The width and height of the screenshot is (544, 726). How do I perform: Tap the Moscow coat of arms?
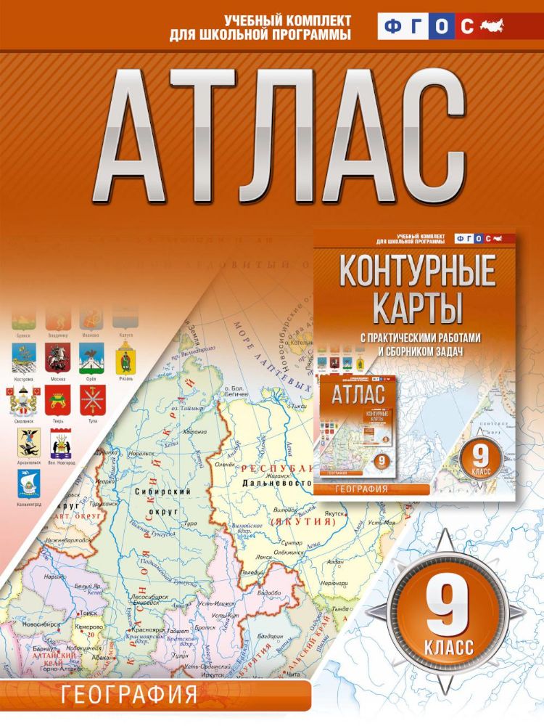[x=57, y=357]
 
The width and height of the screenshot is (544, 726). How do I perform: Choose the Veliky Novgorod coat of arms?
[x=61, y=443]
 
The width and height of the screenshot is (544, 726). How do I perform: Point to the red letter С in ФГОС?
[x=467, y=28]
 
